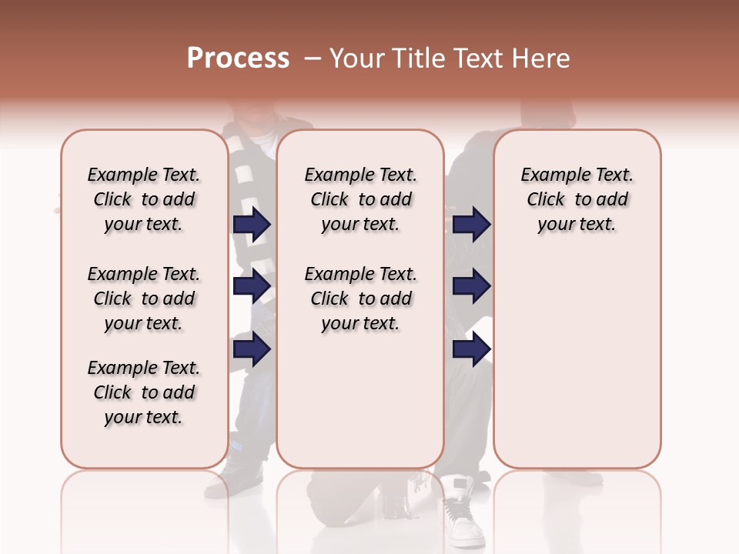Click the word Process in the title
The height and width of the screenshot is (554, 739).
238,58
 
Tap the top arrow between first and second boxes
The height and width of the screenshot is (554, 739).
252,225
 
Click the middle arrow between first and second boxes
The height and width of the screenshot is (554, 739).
252,287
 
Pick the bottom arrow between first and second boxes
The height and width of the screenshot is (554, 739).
252,349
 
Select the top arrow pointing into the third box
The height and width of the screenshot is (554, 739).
471,225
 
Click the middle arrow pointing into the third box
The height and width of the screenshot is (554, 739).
471,287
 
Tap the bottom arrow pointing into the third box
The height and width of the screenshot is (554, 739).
471,349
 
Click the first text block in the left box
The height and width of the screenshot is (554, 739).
144,199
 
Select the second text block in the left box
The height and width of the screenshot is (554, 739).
144,299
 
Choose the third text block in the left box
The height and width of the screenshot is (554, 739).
144,392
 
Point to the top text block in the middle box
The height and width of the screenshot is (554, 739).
360,199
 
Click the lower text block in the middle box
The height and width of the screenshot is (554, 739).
360,299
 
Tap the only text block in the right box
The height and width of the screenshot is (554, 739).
577,199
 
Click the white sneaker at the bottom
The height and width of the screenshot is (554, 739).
462,512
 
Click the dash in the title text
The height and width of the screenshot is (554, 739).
312,58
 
